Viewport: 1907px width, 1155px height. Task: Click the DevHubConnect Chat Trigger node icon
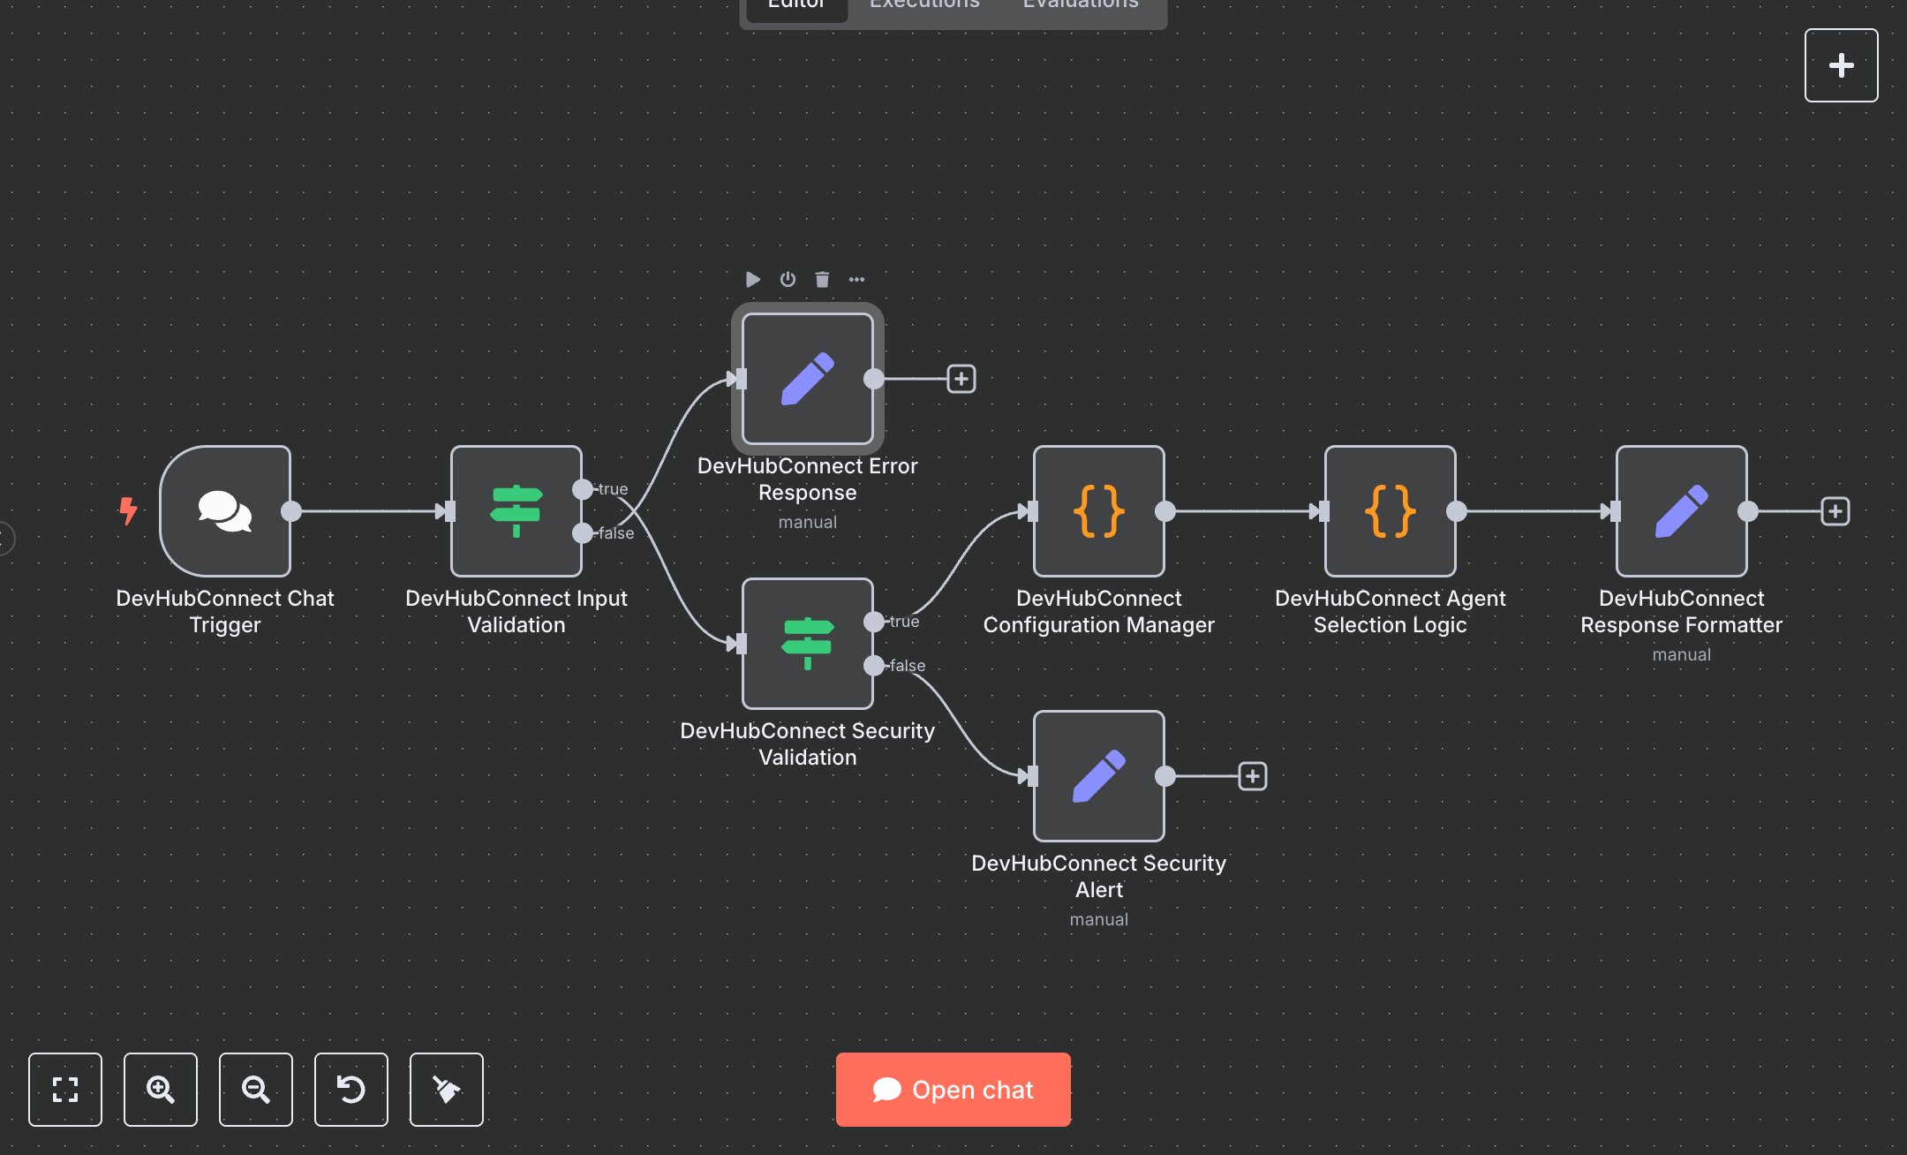click(225, 511)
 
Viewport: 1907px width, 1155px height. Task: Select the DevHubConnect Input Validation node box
click(516, 511)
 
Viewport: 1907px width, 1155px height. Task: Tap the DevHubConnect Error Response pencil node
click(808, 379)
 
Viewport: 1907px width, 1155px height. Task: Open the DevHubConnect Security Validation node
click(808, 644)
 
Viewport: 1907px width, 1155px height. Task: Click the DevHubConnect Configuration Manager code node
click(1099, 511)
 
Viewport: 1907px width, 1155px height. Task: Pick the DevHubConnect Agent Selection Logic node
click(1391, 511)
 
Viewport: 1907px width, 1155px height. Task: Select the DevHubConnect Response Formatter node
click(1682, 511)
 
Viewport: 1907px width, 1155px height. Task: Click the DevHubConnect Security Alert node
click(1099, 776)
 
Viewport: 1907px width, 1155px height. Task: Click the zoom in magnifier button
click(161, 1090)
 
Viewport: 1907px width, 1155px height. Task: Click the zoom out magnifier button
click(256, 1090)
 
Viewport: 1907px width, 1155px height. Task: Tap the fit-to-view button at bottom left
click(65, 1090)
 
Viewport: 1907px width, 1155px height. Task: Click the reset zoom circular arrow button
click(351, 1090)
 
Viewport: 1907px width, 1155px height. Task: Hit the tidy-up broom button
click(447, 1090)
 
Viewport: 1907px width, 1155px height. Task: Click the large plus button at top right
click(1842, 65)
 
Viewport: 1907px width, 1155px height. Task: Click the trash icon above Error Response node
click(822, 280)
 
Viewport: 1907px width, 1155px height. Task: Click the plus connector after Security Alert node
click(1253, 776)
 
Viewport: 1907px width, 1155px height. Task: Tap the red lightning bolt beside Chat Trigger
click(128, 510)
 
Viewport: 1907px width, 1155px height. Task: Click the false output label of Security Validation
click(907, 666)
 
